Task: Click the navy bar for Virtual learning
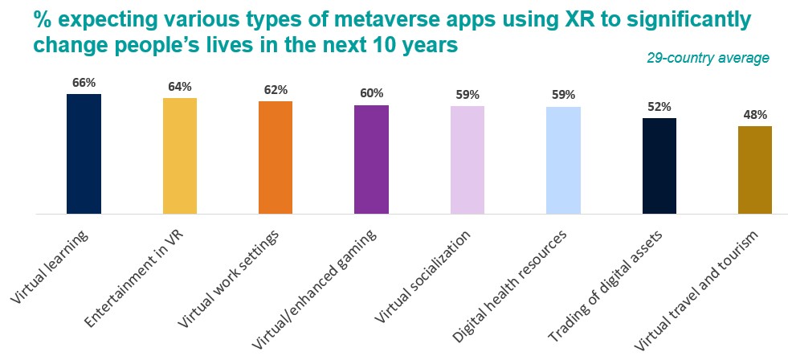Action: coord(84,153)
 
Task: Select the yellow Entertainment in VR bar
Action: coord(180,156)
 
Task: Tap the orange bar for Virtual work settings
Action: coord(276,157)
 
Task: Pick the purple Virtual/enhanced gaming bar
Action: coord(371,159)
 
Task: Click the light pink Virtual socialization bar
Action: coord(467,160)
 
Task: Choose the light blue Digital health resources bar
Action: coord(563,160)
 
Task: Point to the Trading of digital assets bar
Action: coord(659,166)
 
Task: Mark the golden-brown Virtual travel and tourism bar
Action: coord(755,170)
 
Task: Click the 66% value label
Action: coord(84,83)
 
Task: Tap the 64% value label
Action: coord(180,87)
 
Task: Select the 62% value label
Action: coord(276,90)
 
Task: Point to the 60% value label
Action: coord(371,94)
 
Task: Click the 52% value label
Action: coord(659,107)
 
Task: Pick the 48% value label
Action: coord(755,114)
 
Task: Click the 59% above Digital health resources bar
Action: coord(563,95)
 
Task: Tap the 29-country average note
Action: coord(708,58)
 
